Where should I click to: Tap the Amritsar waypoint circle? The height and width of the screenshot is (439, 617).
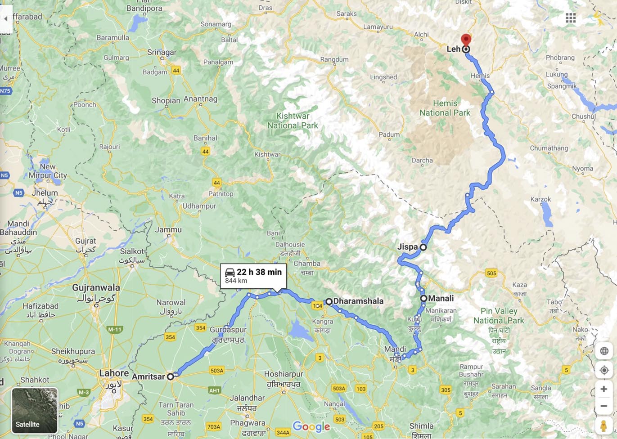[171, 377]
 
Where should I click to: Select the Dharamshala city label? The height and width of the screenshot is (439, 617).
[358, 301]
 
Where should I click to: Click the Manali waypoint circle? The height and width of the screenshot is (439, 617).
[423, 298]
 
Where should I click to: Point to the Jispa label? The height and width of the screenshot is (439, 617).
[407, 247]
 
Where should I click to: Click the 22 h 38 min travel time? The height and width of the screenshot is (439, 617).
[259, 272]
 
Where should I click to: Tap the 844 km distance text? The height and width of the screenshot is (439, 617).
[236, 281]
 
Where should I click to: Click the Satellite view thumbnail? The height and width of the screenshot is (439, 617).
[35, 410]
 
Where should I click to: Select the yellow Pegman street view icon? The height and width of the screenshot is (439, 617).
[603, 425]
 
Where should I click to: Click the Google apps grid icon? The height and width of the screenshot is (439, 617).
[571, 18]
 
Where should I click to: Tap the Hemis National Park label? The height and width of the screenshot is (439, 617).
[445, 108]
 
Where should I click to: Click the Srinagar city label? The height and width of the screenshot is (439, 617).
[162, 52]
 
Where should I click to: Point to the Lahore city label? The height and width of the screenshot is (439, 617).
[114, 373]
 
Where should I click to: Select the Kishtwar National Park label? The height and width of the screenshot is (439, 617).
[293, 121]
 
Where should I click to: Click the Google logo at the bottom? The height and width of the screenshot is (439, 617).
[311, 426]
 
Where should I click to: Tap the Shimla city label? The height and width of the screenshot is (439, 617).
[421, 426]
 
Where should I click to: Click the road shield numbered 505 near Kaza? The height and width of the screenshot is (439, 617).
[491, 273]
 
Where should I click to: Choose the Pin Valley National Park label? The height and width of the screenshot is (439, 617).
[499, 316]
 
